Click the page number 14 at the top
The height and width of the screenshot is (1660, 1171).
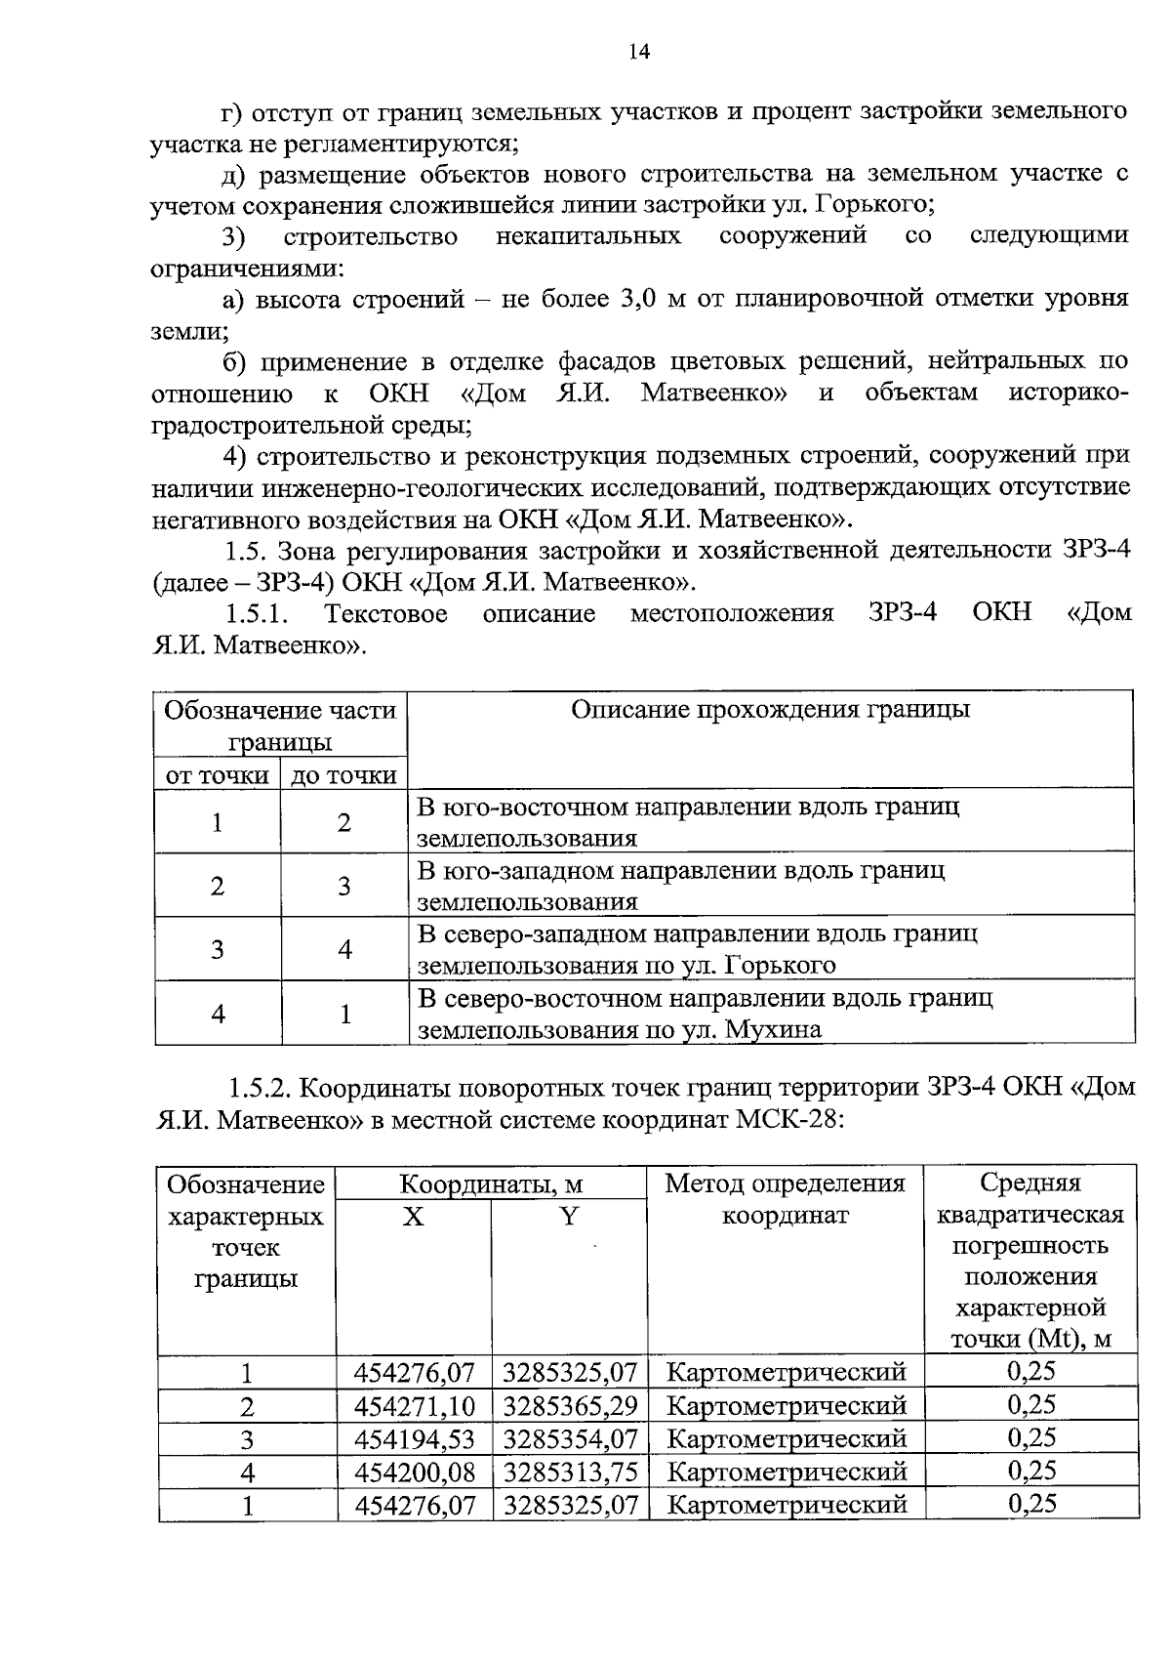click(x=639, y=53)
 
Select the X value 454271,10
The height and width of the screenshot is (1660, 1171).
click(x=415, y=1406)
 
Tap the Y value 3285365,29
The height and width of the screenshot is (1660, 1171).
click(x=570, y=1406)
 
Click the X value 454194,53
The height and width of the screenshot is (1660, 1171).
click(x=415, y=1439)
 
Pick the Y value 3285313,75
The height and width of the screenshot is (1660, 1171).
click(x=570, y=1472)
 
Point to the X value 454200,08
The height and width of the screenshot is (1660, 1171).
click(x=415, y=1472)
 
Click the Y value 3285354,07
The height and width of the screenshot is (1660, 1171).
click(x=570, y=1439)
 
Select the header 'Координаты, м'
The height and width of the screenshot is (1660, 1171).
click(x=491, y=1185)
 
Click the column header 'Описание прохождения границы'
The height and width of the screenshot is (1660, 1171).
click(x=770, y=710)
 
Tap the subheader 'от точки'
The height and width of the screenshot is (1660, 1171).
click(x=217, y=775)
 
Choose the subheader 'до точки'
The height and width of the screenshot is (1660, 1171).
click(x=343, y=775)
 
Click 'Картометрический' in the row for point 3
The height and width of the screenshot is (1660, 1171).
click(x=786, y=1439)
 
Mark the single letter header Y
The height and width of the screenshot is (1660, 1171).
click(x=569, y=1217)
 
